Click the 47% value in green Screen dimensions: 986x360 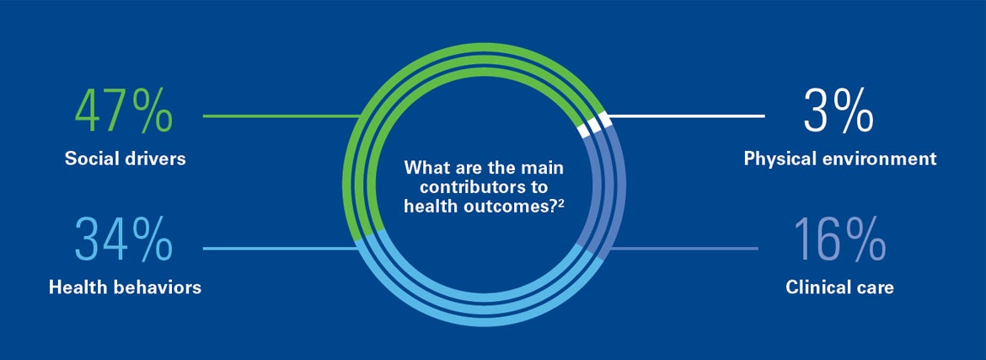(x=123, y=112)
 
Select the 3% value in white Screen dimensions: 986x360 (x=839, y=112)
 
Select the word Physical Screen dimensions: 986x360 (x=774, y=159)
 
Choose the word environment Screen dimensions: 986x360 (x=872, y=159)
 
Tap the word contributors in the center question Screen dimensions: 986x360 (x=465, y=187)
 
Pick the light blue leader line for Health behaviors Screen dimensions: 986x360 (x=281, y=249)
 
